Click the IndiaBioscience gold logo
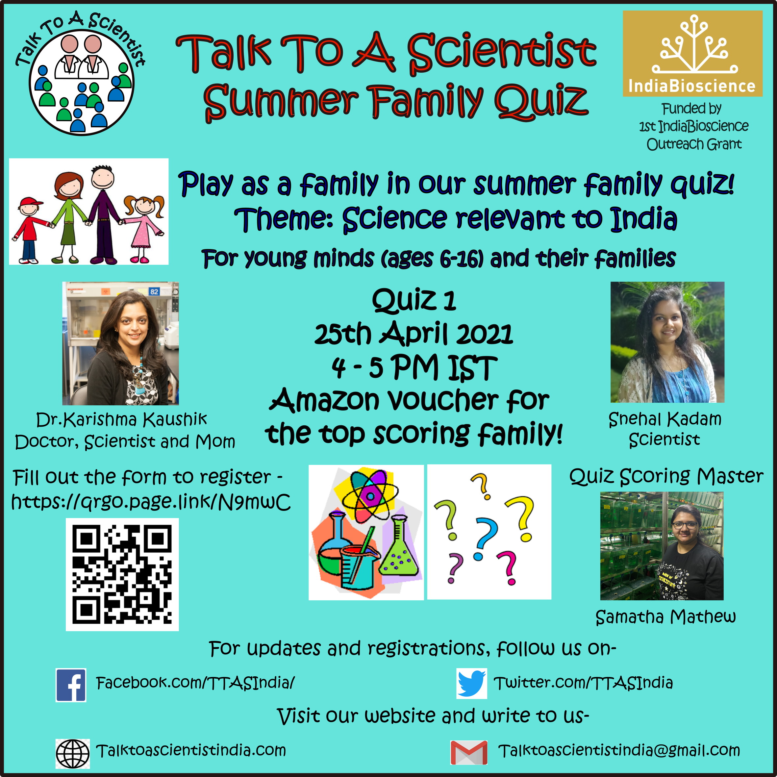[692, 54]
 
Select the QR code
[122, 574]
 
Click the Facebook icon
[71, 685]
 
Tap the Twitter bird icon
[472, 683]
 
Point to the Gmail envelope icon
[469, 752]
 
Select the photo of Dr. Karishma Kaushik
[121, 343]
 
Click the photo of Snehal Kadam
[667, 342]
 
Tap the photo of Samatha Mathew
[662, 546]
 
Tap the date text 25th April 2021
[414, 334]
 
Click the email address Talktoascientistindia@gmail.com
[619, 751]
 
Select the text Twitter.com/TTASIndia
[583, 683]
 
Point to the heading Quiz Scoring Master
[666, 476]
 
